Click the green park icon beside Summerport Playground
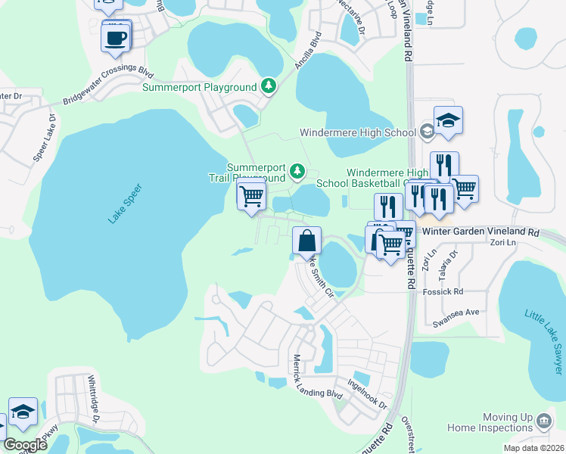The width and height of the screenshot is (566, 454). coord(268,86)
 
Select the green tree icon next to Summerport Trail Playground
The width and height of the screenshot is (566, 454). coord(297,172)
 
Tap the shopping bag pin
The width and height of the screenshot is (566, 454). coord(306,241)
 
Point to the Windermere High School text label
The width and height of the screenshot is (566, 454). coord(358,132)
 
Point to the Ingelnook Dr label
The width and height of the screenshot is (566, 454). coord(368,394)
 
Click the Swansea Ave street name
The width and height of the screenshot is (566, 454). coord(452,312)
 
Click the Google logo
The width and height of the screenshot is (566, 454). coord(25,445)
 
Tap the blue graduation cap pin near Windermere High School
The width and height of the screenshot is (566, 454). coord(448,121)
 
